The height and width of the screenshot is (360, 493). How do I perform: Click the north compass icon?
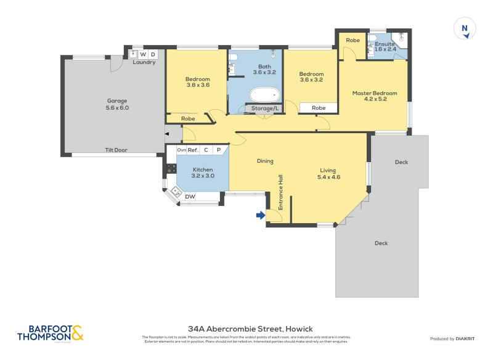(465, 30)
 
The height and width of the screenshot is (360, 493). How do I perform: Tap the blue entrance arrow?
(261, 215)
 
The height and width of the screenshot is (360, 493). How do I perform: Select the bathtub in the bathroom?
(265, 95)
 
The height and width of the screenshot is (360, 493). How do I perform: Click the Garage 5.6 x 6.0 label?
(117, 104)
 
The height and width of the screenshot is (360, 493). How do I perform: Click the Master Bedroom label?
(375, 97)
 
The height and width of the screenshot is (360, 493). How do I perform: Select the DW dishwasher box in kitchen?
(190, 197)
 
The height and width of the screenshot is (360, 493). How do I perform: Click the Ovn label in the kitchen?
(181, 150)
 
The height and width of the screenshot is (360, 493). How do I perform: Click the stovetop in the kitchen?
(171, 168)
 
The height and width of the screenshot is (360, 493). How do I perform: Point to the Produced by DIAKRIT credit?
(455, 338)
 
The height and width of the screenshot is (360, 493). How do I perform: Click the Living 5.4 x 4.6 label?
(330, 173)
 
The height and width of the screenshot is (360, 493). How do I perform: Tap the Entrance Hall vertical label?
(280, 192)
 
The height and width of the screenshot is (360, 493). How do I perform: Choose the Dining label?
(265, 161)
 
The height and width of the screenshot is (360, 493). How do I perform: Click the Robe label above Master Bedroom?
(352, 40)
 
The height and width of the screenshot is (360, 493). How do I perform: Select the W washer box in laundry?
(143, 54)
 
